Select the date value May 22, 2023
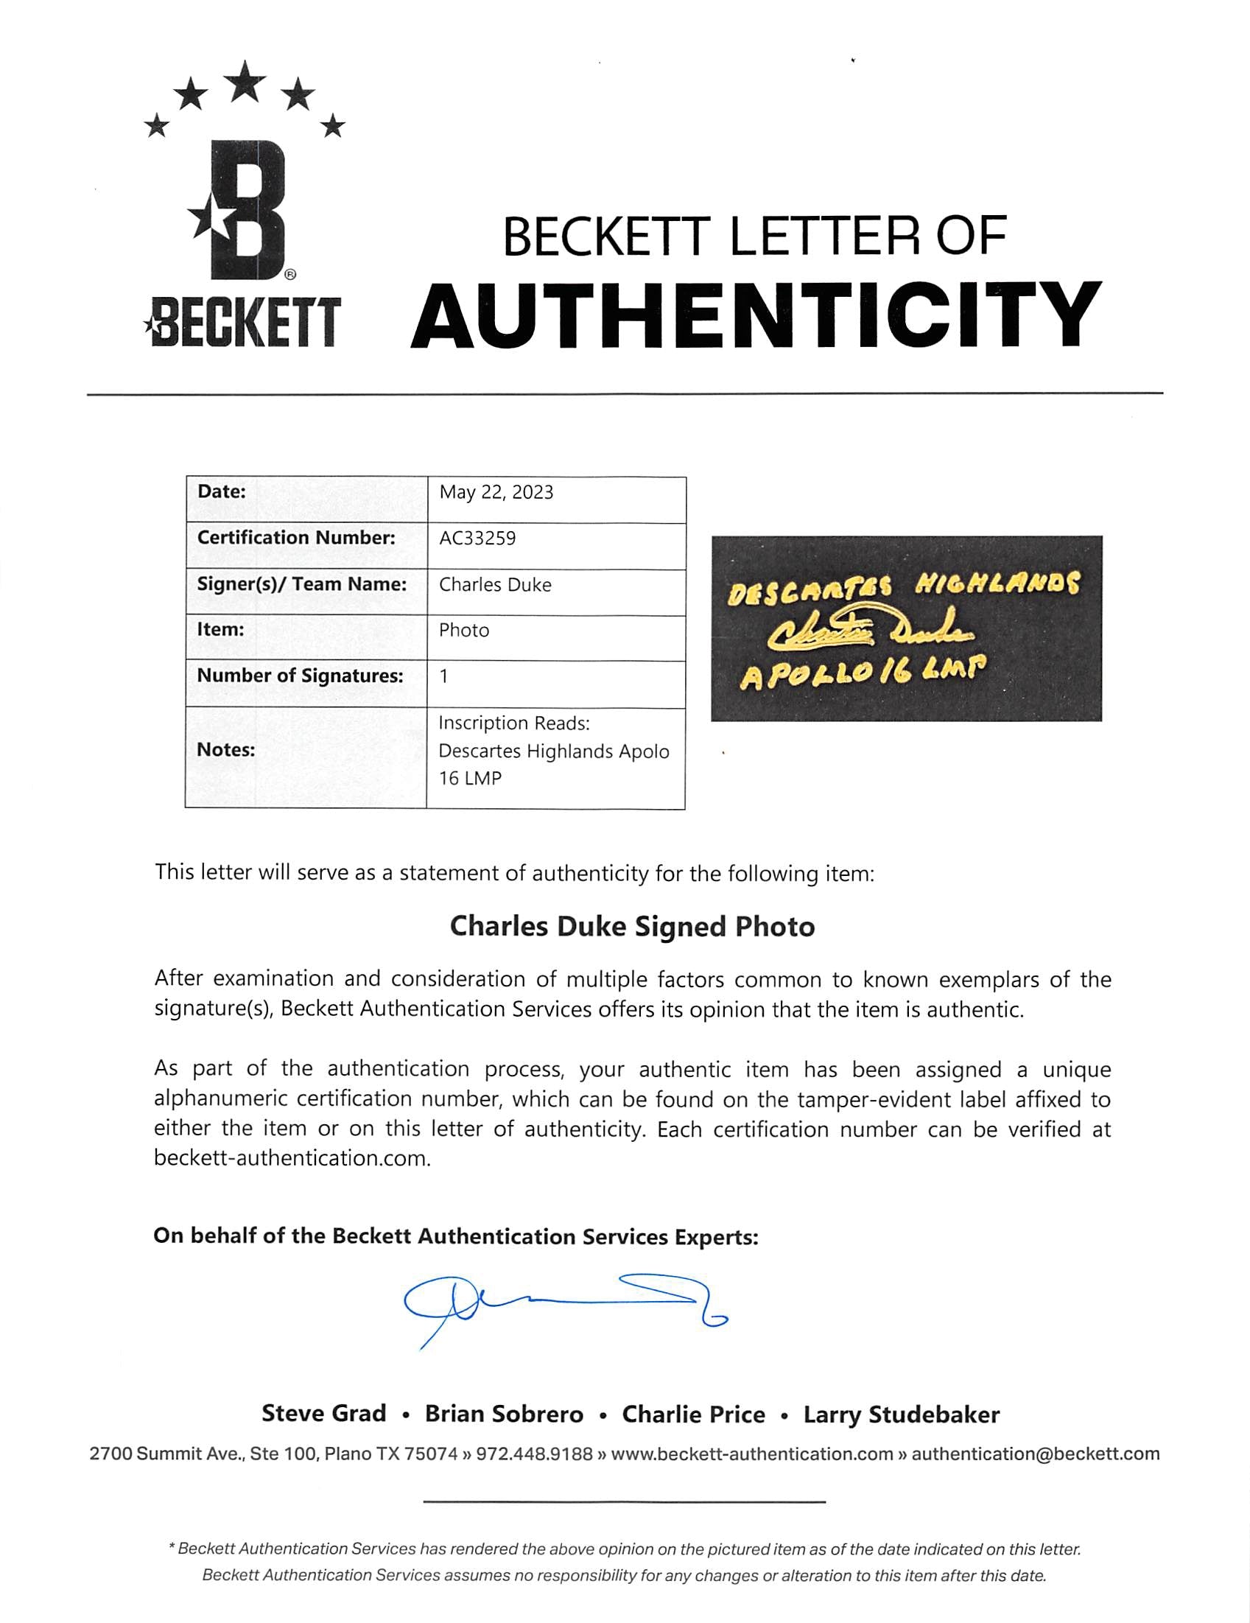(x=496, y=493)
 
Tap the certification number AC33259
(x=477, y=538)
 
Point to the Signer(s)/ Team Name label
(x=302, y=584)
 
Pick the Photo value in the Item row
(x=464, y=630)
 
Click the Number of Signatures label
(x=300, y=676)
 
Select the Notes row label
(x=225, y=750)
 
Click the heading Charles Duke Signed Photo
(x=633, y=927)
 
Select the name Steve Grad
(x=323, y=1414)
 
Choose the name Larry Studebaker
(x=901, y=1415)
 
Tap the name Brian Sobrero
(x=504, y=1414)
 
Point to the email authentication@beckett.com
(x=1035, y=1454)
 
